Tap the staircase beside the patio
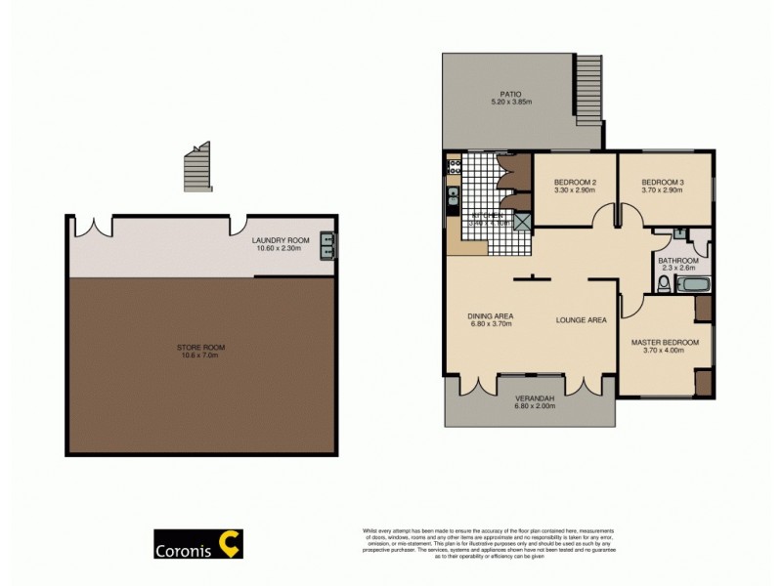(x=587, y=89)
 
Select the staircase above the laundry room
(x=197, y=167)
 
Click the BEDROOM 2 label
(x=576, y=183)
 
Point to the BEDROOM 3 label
(x=664, y=183)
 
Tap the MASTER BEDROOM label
(x=665, y=342)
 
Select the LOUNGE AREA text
(x=582, y=319)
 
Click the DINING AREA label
(x=491, y=315)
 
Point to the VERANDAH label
(x=535, y=398)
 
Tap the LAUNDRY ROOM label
(x=281, y=240)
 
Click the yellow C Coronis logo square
(x=229, y=544)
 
